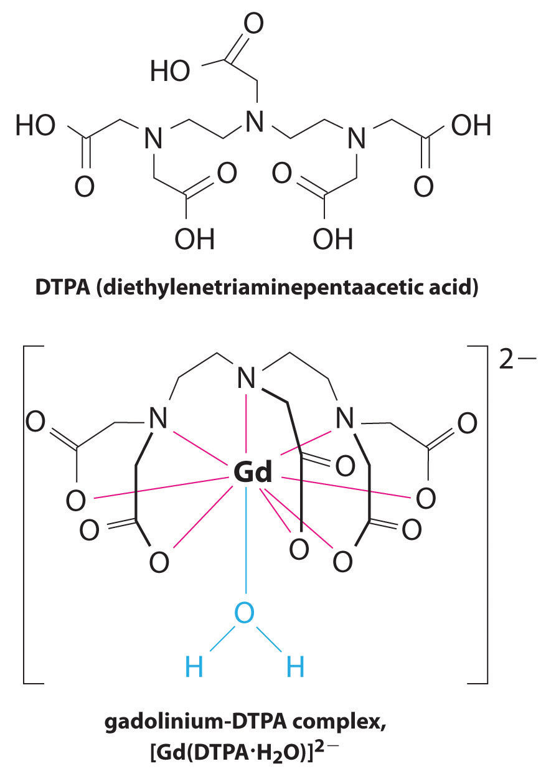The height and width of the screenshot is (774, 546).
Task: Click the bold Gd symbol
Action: tap(253, 474)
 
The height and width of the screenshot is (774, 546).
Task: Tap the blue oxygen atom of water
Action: tap(245, 615)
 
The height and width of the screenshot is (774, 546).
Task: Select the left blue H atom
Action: tap(195, 668)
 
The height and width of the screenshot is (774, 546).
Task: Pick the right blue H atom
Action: tap(295, 668)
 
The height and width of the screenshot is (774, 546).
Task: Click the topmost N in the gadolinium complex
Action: tap(248, 379)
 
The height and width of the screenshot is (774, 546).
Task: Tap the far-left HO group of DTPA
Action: tap(36, 126)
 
